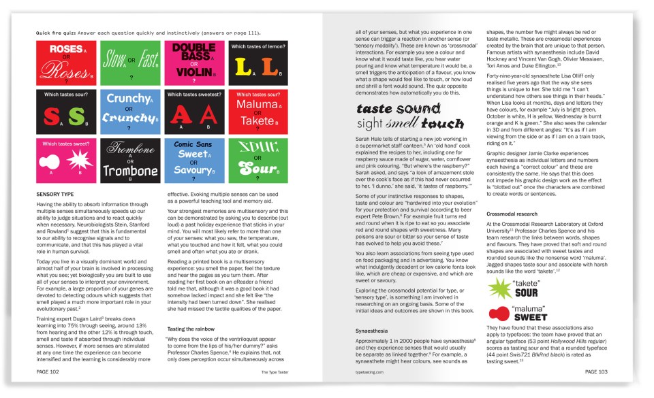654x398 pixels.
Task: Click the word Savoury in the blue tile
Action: pos(192,171)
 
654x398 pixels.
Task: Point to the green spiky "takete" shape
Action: pos(501,288)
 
